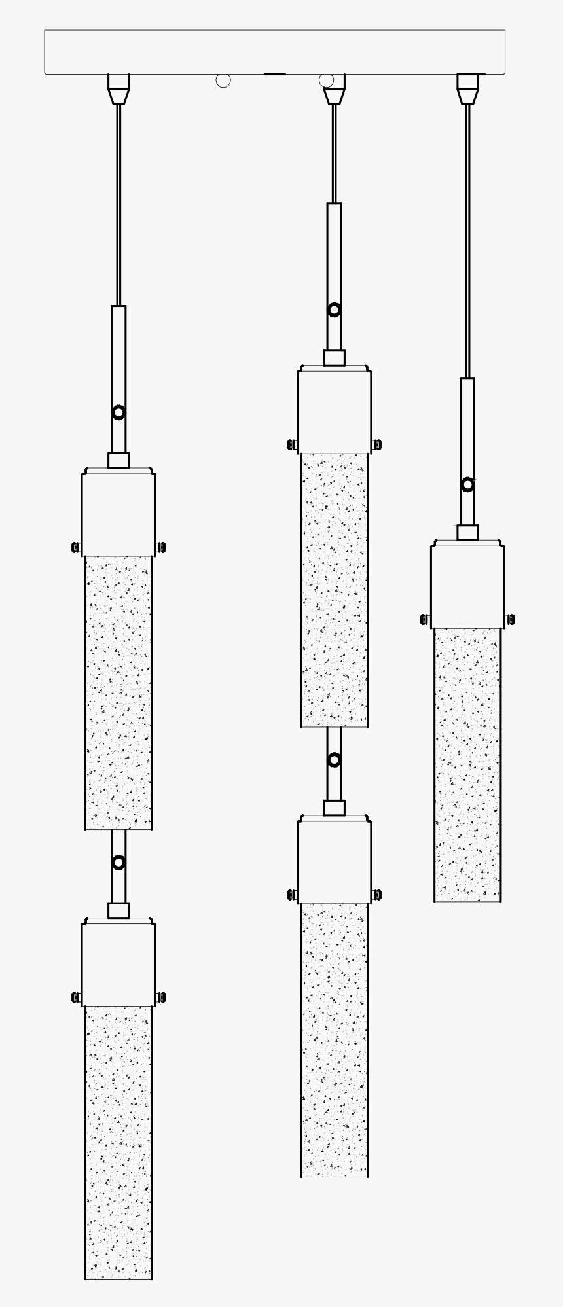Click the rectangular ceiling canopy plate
[x=274, y=52]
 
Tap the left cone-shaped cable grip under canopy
[x=118, y=89]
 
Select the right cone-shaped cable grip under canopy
[x=467, y=89]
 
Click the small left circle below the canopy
[x=223, y=81]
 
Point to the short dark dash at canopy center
[x=274, y=74]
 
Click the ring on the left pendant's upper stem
[x=118, y=412]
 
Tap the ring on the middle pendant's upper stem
[x=335, y=310]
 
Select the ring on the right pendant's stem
[x=467, y=484]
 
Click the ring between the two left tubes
[x=118, y=863]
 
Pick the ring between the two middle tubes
[x=335, y=760]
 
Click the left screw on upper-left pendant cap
[x=76, y=547]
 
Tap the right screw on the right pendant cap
[x=509, y=619]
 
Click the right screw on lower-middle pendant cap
[x=376, y=895]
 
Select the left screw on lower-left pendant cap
[x=76, y=997]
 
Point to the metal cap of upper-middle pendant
[x=335, y=410]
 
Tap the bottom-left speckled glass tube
[x=118, y=1142]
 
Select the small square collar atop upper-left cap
[x=118, y=460]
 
